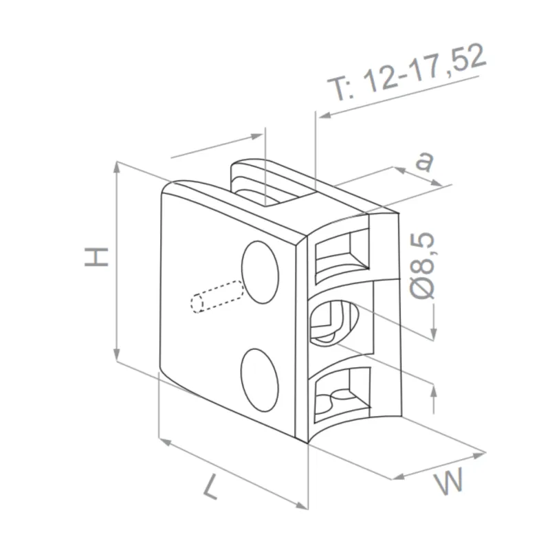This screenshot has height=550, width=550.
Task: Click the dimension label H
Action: (97, 256)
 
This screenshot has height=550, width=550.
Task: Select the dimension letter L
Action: (211, 488)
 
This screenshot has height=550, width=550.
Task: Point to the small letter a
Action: (426, 161)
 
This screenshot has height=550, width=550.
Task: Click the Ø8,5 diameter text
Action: (425, 265)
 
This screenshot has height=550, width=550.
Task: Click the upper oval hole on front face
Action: (261, 272)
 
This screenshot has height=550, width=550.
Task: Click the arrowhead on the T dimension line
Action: (323, 115)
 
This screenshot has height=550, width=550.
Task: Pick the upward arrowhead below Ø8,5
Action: (434, 392)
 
